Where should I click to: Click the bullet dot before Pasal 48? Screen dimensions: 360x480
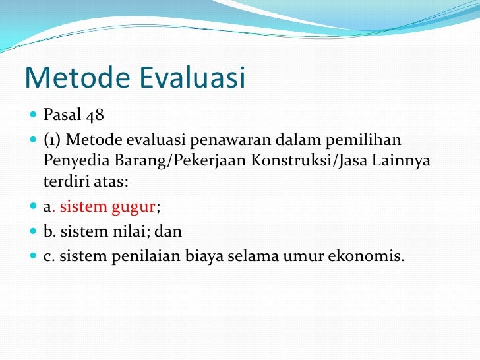coord(34,116)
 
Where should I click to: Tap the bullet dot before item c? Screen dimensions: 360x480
coord(34,256)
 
